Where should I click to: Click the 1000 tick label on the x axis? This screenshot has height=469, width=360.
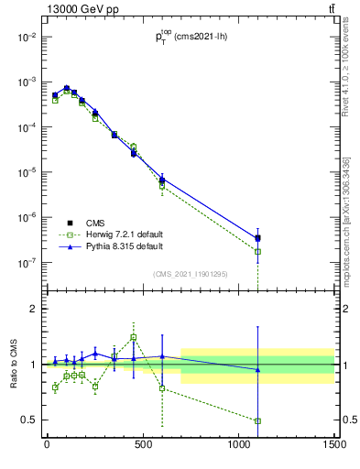click(x=238, y=445)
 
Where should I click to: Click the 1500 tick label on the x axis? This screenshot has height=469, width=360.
click(x=333, y=445)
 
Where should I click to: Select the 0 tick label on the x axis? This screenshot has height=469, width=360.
click(x=47, y=445)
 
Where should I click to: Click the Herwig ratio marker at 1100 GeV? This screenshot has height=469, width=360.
click(x=257, y=421)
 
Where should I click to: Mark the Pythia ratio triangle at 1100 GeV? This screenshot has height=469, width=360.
click(x=257, y=369)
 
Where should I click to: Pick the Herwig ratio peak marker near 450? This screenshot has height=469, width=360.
click(x=133, y=337)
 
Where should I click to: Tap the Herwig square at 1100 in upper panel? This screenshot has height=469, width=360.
click(x=257, y=251)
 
